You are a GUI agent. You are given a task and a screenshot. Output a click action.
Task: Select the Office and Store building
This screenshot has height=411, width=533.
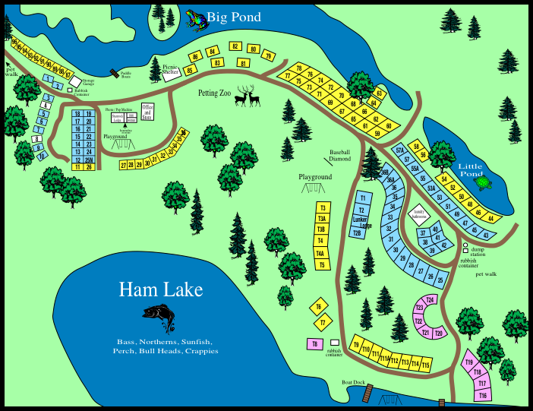(148, 112)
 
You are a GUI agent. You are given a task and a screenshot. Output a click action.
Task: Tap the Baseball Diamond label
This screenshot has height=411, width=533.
(340, 155)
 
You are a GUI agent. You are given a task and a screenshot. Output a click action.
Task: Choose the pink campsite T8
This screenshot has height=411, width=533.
(314, 344)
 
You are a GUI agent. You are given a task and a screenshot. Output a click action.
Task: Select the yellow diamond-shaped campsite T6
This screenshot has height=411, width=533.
(319, 307)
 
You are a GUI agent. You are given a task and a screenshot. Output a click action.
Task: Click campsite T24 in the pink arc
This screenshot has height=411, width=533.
(430, 300)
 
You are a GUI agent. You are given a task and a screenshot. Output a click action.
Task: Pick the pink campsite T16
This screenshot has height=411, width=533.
(482, 395)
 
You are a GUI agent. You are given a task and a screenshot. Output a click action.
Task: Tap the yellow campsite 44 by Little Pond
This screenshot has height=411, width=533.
(491, 219)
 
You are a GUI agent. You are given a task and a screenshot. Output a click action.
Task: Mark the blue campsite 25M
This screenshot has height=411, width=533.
(89, 159)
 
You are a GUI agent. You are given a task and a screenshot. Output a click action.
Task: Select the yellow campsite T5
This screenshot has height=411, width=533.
(323, 264)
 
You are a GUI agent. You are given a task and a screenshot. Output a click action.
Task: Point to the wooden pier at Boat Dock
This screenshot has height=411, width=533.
(368, 394)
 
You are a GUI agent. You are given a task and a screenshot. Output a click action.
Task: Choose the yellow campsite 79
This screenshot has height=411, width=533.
(267, 55)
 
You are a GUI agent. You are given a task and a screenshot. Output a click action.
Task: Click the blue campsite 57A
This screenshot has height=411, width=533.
(400, 150)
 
